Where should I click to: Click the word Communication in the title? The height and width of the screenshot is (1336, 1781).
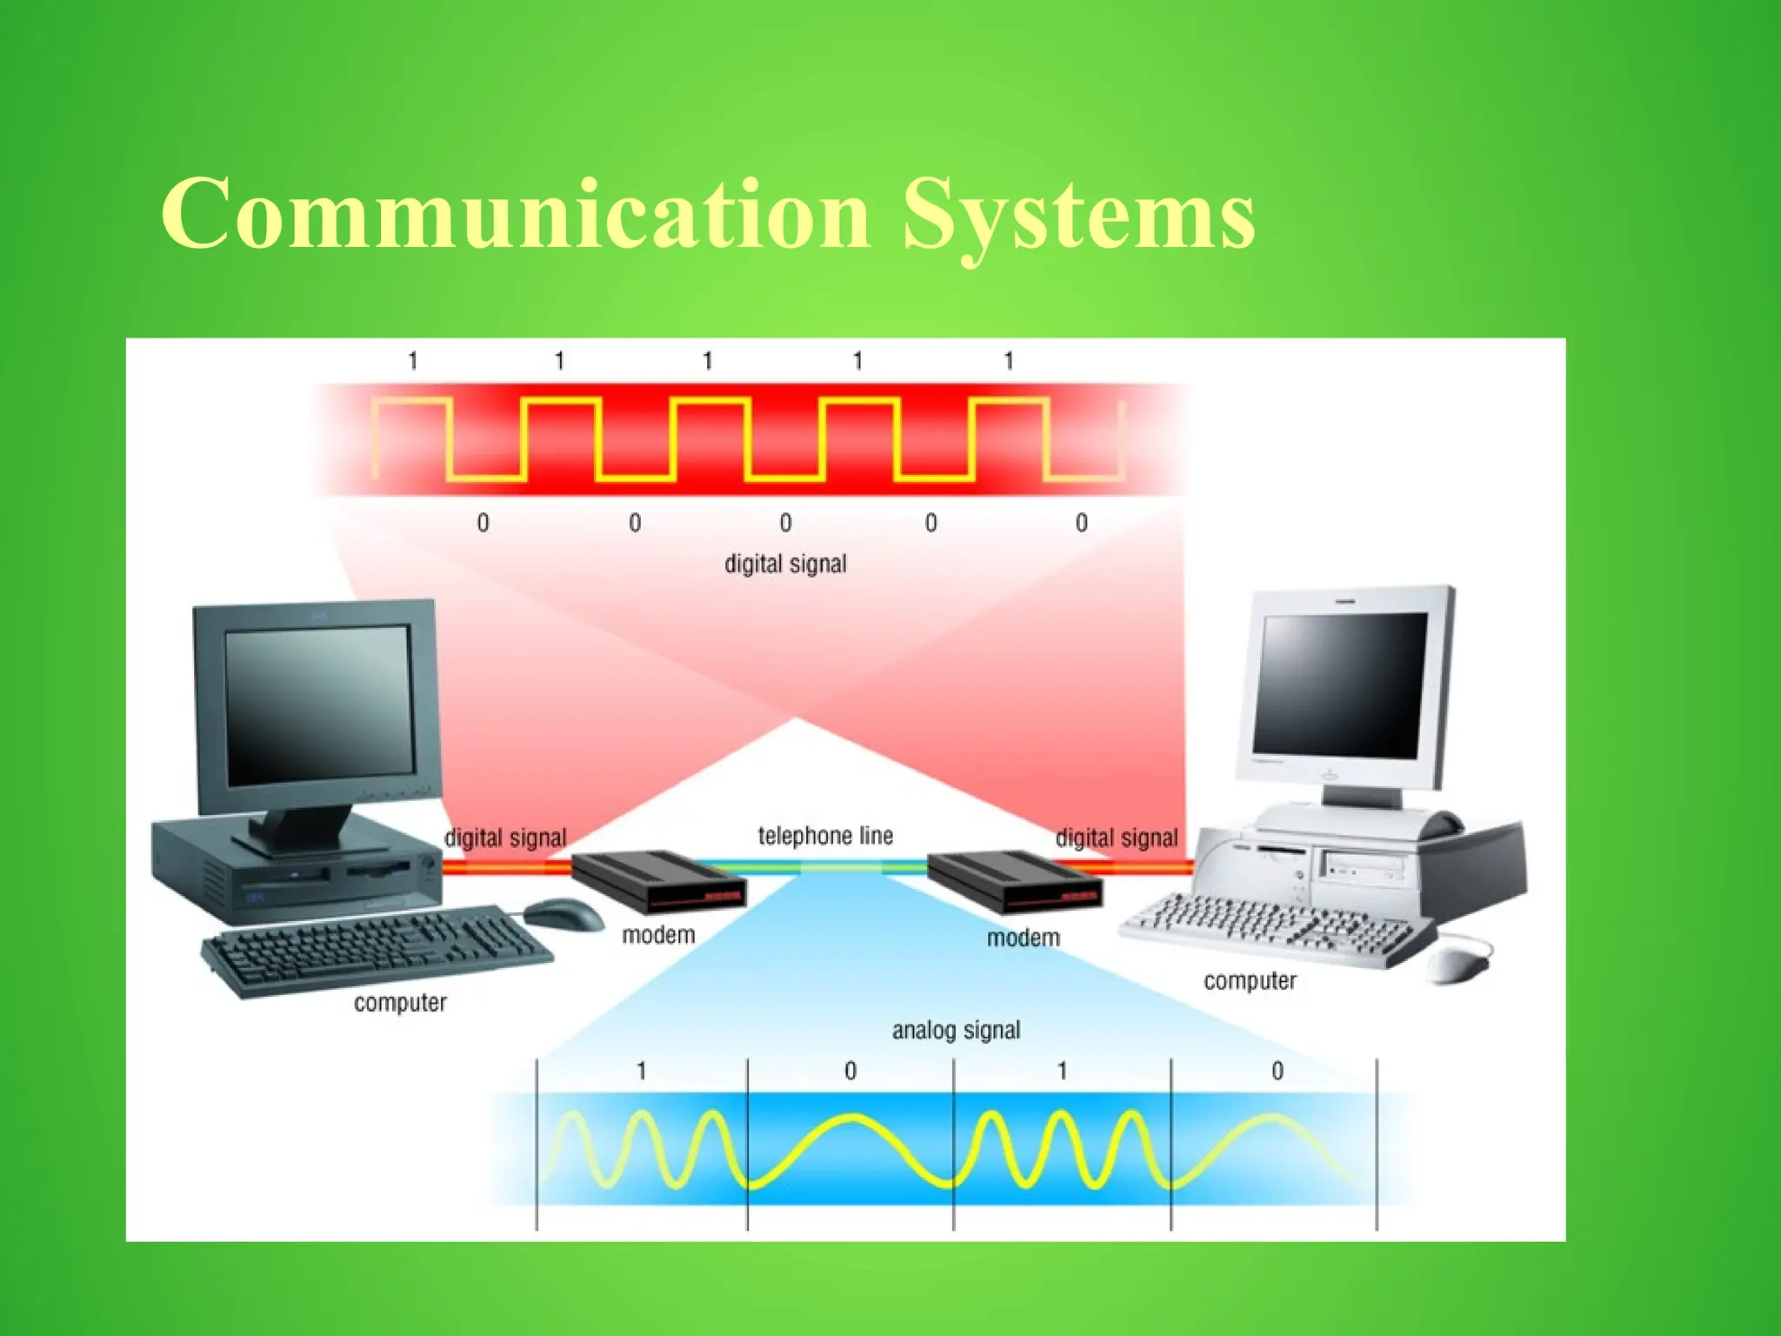[x=515, y=214]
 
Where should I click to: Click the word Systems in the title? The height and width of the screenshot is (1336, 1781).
[x=1078, y=214]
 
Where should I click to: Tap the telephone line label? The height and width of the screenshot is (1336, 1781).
[x=825, y=836]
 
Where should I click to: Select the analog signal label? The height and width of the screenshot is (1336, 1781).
[x=956, y=1031]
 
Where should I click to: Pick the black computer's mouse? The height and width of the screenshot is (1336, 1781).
[x=564, y=914]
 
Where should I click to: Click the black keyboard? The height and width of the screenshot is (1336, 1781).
[x=376, y=950]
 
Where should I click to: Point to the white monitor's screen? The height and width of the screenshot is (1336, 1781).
[x=1343, y=685]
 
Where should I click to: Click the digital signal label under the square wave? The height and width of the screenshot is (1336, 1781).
[x=785, y=564]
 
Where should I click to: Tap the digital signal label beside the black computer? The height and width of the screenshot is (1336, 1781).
[x=505, y=838]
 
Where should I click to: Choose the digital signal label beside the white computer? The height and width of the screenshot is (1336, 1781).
[x=1117, y=838]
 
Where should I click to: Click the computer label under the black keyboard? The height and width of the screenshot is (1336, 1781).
[x=400, y=1003]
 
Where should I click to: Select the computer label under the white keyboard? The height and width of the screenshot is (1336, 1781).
[x=1250, y=981]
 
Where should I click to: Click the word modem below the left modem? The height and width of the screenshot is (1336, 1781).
[x=658, y=936]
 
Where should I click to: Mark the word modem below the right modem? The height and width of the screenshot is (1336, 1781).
[x=1024, y=939]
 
